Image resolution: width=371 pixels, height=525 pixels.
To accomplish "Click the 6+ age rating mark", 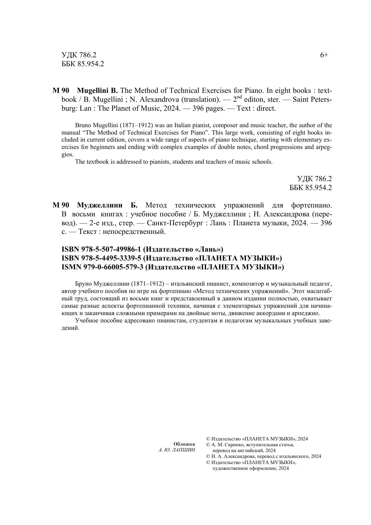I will click(324, 55).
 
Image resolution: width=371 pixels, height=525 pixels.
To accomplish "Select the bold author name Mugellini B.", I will click(97, 91).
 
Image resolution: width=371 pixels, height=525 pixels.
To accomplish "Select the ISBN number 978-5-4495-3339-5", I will click(110, 258).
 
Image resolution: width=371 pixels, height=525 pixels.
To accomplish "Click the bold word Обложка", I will click(184, 444).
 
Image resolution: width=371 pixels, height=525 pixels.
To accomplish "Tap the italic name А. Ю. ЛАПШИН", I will click(177, 450).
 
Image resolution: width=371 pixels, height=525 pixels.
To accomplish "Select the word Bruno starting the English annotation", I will click(83, 125).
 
